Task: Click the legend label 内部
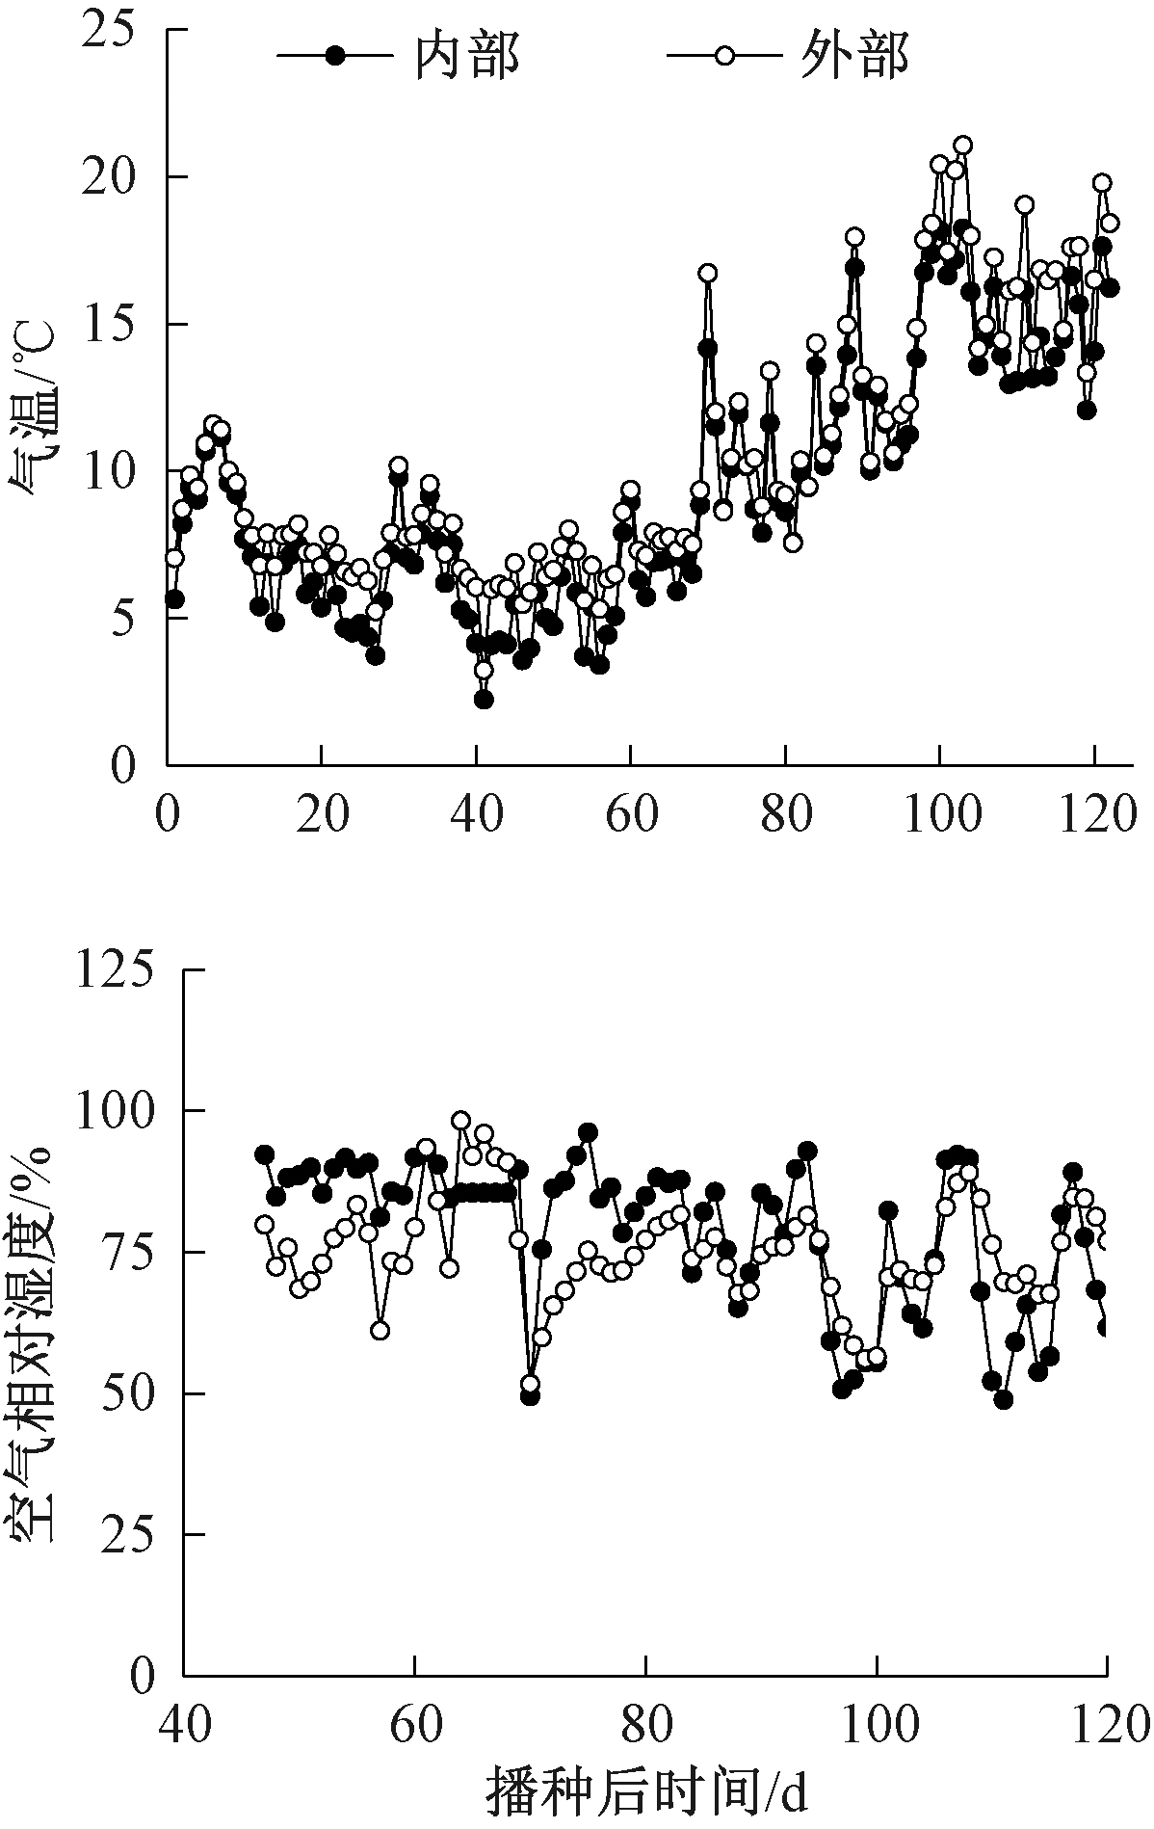pyautogui.click(x=467, y=56)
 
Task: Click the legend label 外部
pyautogui.click(x=855, y=56)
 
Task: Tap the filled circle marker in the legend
pyautogui.click(x=335, y=56)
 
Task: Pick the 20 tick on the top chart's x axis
pyautogui.click(x=322, y=815)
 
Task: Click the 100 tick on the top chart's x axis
pyautogui.click(x=940, y=815)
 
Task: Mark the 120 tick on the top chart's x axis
pyautogui.click(x=1094, y=815)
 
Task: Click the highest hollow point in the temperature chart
pyautogui.click(x=962, y=146)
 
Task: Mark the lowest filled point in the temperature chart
pyautogui.click(x=484, y=700)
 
